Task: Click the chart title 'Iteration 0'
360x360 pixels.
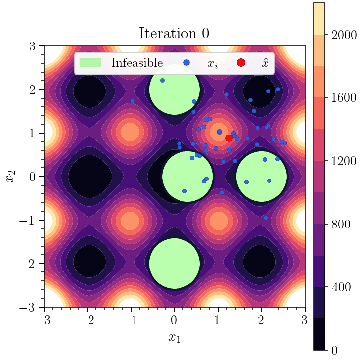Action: pos(174,34)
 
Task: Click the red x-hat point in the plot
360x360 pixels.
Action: pos(229,138)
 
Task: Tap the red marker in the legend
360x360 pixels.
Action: pos(241,63)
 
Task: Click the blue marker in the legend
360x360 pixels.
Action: pos(186,63)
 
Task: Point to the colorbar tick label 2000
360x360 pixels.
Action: pos(344,35)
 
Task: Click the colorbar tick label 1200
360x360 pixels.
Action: pos(344,161)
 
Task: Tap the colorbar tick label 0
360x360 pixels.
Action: pos(334,350)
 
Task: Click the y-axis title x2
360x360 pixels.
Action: pos(10,177)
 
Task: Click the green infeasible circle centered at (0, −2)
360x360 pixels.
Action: pos(174,264)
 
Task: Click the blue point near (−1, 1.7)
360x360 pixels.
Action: pos(132,101)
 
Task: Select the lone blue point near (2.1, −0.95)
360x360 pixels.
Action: pos(266,218)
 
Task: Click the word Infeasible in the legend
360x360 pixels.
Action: pos(137,63)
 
